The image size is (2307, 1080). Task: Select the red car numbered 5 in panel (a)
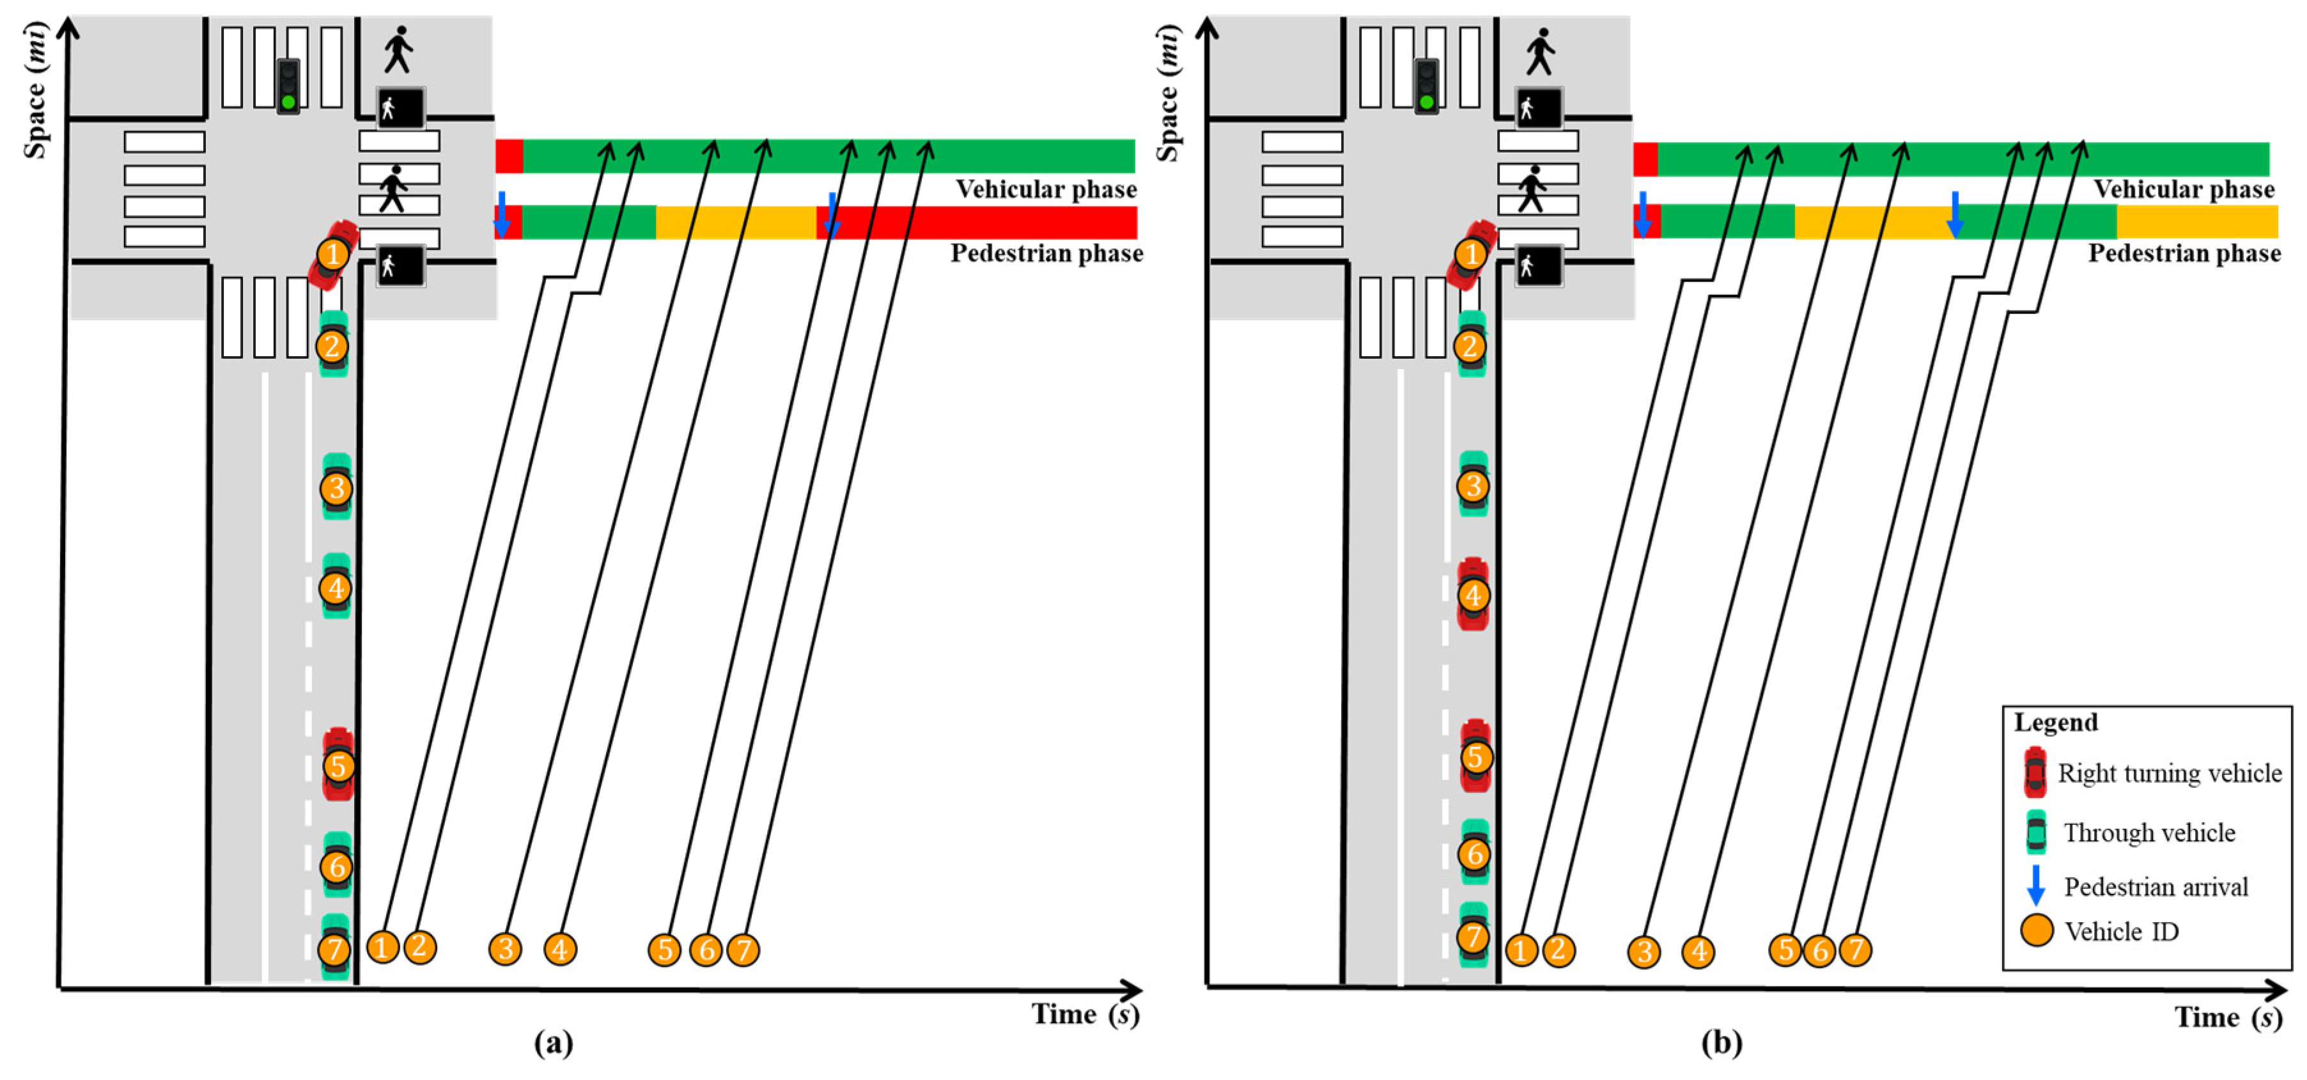pos(338,764)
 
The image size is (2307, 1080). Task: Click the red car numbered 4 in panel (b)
pos(1473,594)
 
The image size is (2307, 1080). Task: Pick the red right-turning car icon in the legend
pos(2035,772)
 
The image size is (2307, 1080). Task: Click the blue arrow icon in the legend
pos(2035,885)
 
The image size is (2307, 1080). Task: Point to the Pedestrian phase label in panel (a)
pos(1046,253)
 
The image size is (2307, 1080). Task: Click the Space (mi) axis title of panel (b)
pos(1168,92)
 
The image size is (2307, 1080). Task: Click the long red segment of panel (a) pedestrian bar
pos(985,222)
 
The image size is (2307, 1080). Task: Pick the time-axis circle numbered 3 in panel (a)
pos(505,948)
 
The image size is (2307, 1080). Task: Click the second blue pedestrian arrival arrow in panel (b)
pos(1955,213)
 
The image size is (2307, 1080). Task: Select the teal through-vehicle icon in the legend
pos(2035,832)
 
